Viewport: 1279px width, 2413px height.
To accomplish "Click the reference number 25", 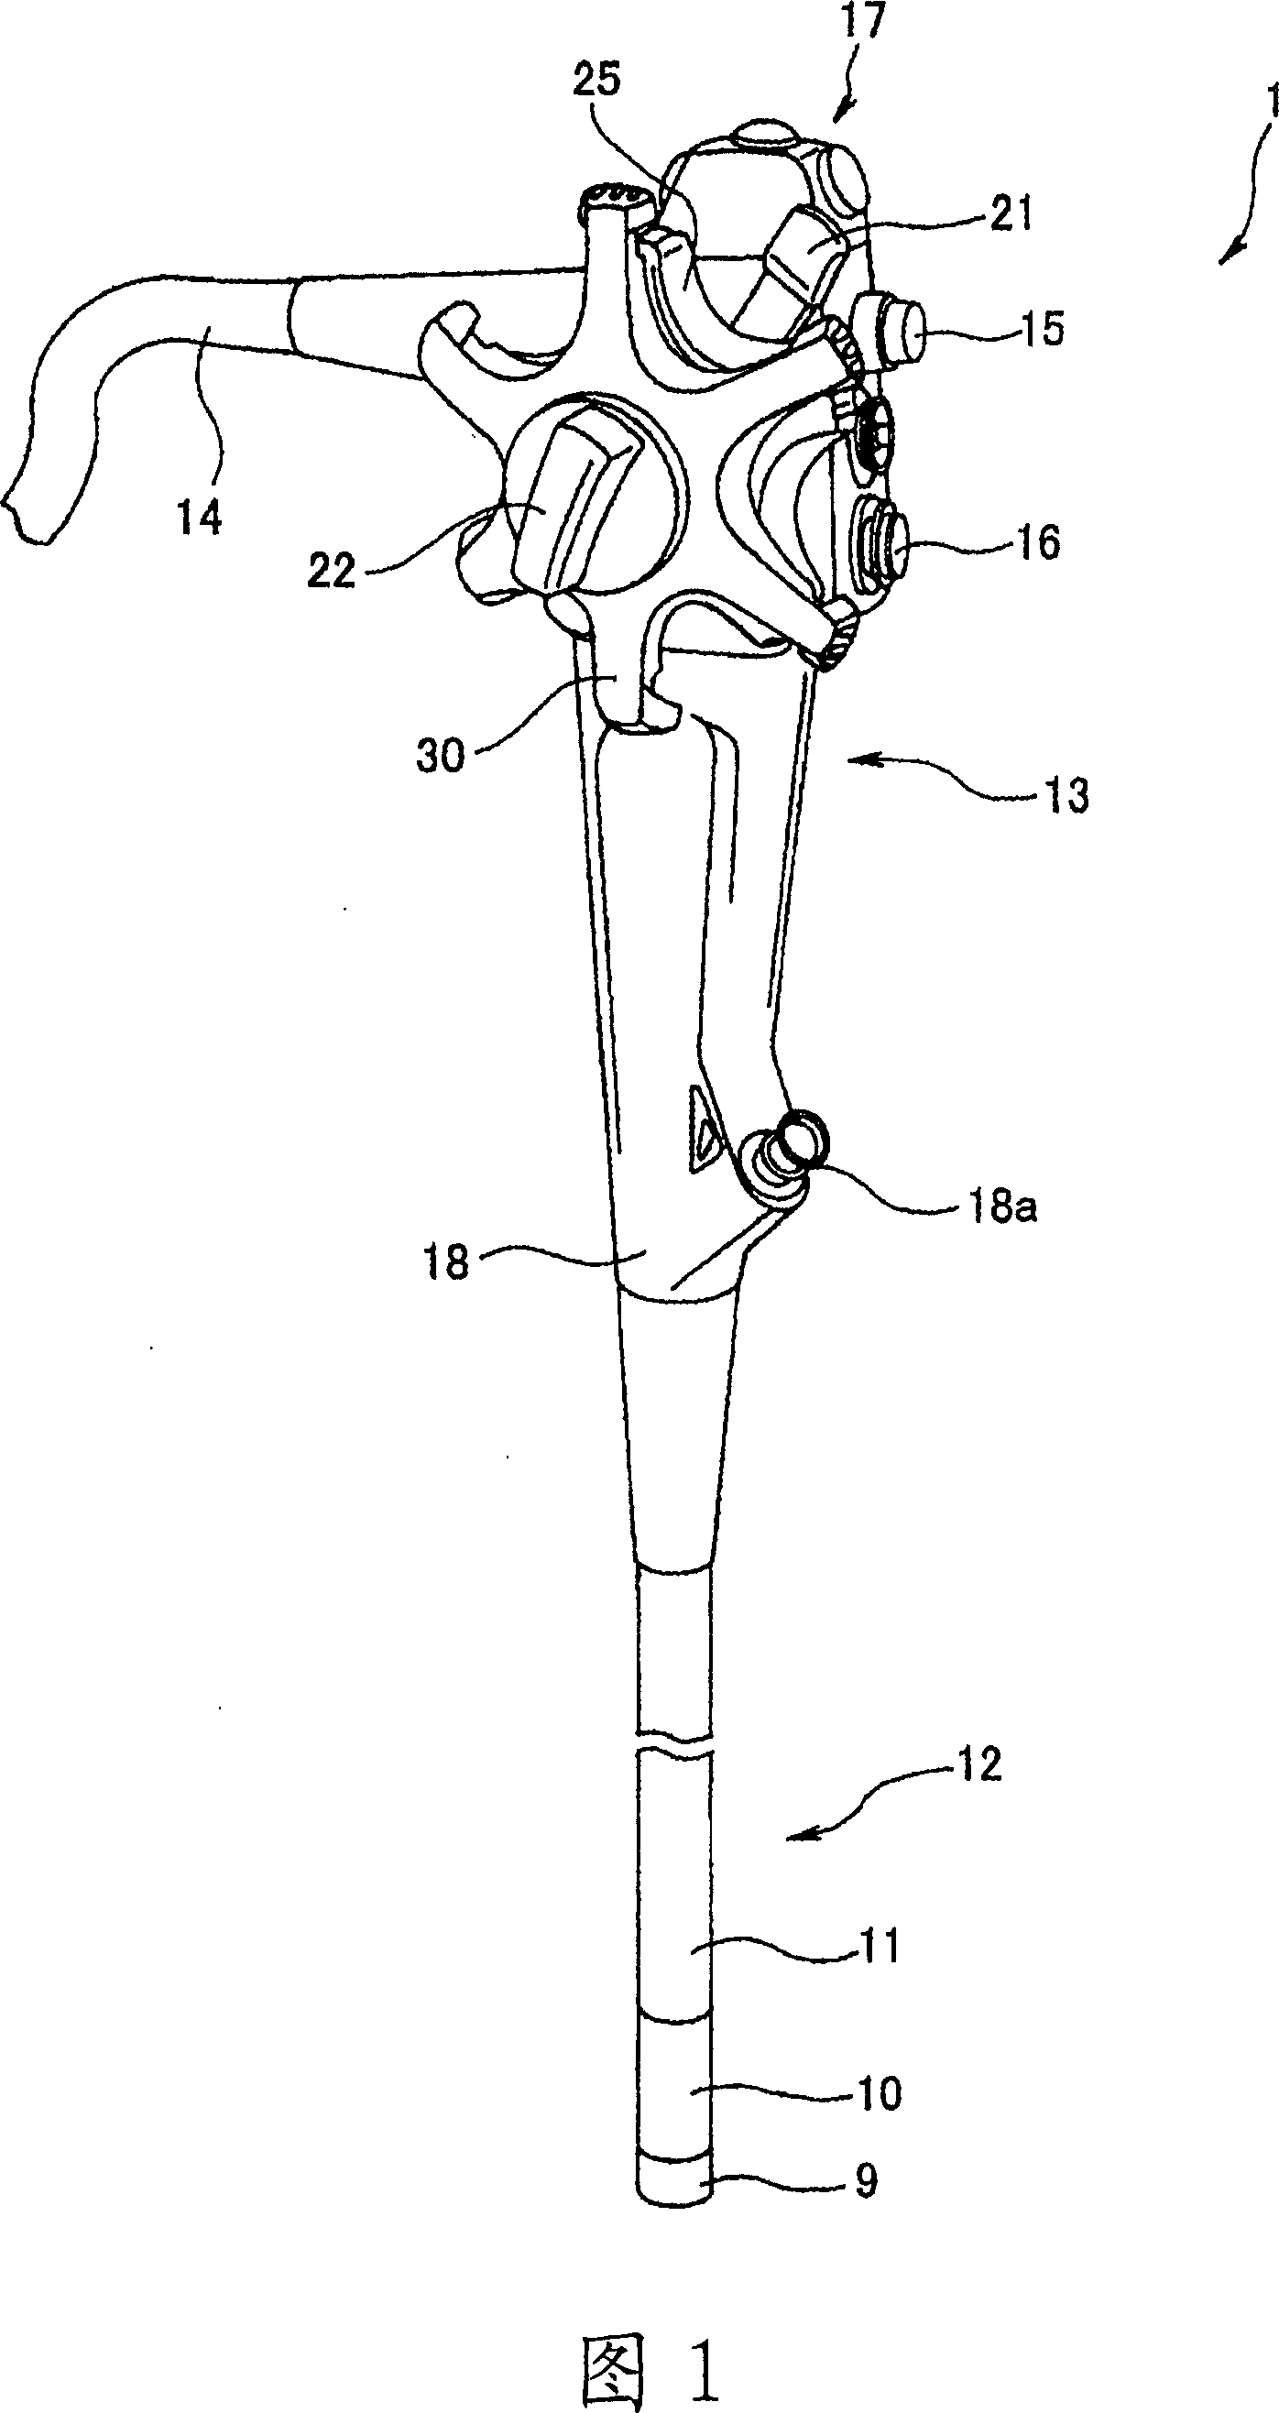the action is click(x=596, y=81).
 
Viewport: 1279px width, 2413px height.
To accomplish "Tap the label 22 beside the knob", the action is click(x=332, y=571).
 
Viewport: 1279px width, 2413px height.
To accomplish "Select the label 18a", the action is click(x=1001, y=1208).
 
